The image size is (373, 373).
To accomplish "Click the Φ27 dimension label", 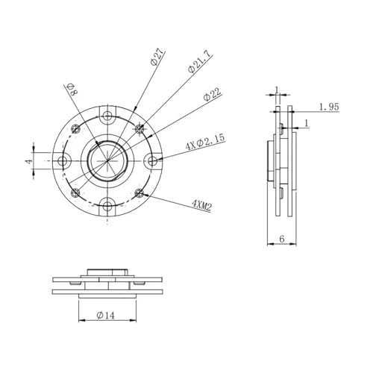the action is point(157,57).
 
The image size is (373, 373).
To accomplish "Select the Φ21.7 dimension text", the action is point(199,61).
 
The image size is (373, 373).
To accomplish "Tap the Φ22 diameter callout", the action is point(212,94).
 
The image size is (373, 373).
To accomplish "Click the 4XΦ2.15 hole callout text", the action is point(205,142).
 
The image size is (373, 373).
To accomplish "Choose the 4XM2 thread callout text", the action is point(201,205).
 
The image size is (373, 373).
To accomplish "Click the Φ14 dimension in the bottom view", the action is point(106,316).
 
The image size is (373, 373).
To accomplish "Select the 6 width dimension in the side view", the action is point(282,239).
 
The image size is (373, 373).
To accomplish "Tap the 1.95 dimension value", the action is point(329,107).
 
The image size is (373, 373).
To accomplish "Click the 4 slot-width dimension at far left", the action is point(29,161).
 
